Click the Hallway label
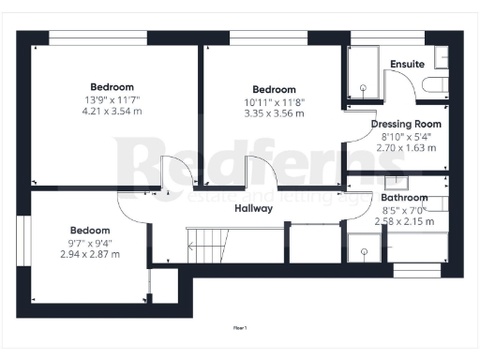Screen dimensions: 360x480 pos(253,208)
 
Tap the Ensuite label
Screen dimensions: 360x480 pos(408,64)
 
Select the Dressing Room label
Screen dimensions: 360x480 pos(406,124)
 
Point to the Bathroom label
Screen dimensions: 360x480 pos(404,198)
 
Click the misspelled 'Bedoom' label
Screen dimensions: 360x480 pos(90,231)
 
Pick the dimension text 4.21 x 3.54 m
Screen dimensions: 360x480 pos(112,112)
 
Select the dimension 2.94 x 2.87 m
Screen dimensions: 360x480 pos(90,254)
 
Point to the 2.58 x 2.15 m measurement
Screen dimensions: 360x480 pos(404,221)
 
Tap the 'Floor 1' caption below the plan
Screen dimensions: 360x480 pos(239,327)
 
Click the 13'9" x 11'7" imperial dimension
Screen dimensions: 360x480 pos(112,99)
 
